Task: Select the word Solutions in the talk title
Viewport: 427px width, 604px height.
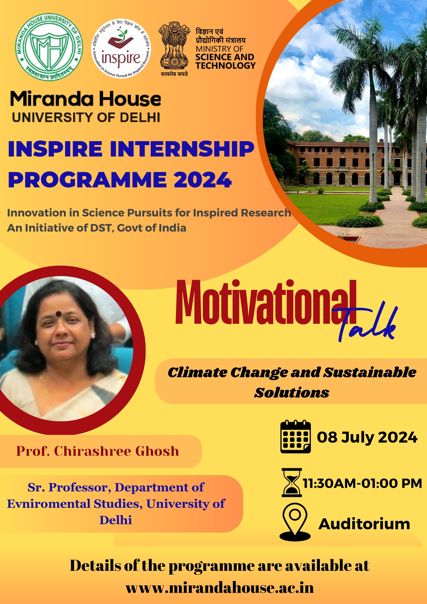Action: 292,393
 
